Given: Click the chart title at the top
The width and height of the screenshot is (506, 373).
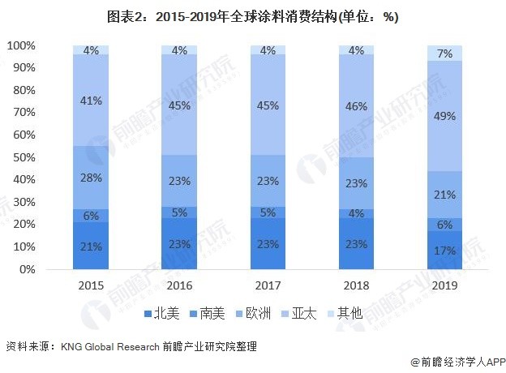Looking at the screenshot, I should tap(252, 16).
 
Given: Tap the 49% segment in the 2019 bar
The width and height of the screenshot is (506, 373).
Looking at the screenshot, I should tap(444, 115).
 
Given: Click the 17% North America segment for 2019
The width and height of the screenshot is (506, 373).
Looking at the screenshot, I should tap(444, 251).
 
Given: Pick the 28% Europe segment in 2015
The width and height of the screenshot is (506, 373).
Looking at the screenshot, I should tap(91, 178).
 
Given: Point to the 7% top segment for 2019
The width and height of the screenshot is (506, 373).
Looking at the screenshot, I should tap(444, 53).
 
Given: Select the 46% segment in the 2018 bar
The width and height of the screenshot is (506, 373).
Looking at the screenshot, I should tap(356, 106).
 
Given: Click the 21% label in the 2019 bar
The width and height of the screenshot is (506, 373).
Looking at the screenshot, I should tap(444, 195).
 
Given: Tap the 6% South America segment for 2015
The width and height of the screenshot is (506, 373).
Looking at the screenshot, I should tap(91, 216).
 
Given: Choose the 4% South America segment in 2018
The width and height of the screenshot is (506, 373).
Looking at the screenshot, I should tap(356, 213).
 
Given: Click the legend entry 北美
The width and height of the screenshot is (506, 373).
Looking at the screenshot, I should tap(162, 313).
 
